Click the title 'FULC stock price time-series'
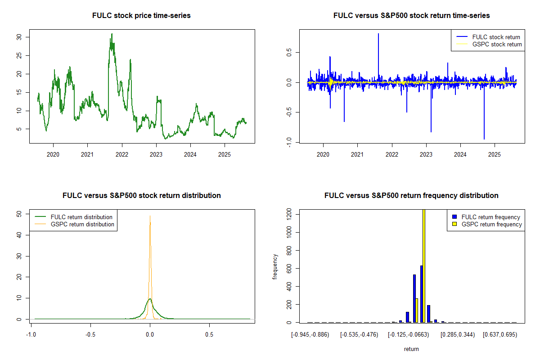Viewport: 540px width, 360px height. [x=141, y=16]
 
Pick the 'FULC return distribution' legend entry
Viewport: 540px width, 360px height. [x=81, y=217]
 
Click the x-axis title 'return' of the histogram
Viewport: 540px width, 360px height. [x=411, y=349]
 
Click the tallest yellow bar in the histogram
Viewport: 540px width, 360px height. [x=423, y=265]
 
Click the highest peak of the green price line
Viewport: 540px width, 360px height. [x=112, y=34]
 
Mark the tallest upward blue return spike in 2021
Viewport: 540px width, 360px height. [x=378, y=34]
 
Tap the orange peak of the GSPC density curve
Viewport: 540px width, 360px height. [x=150, y=216]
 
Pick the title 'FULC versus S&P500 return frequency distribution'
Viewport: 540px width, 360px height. [x=411, y=196]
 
